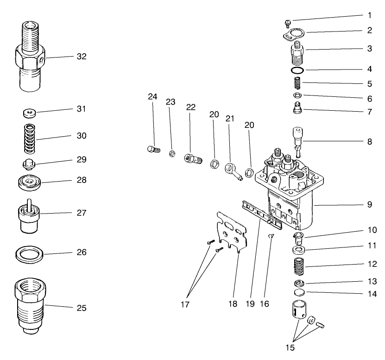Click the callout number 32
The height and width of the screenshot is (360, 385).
(x=82, y=57)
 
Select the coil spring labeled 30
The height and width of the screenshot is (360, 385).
(x=30, y=137)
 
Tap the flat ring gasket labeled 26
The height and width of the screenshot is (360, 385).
(x=29, y=254)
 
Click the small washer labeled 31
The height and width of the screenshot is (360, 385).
(x=30, y=113)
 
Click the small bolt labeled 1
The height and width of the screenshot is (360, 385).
(x=287, y=22)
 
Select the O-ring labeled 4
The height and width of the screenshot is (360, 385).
(x=297, y=70)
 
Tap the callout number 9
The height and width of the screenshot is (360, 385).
(x=369, y=204)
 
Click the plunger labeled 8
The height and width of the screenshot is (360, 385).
(x=297, y=139)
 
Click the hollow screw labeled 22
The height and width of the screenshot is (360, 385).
(x=192, y=159)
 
